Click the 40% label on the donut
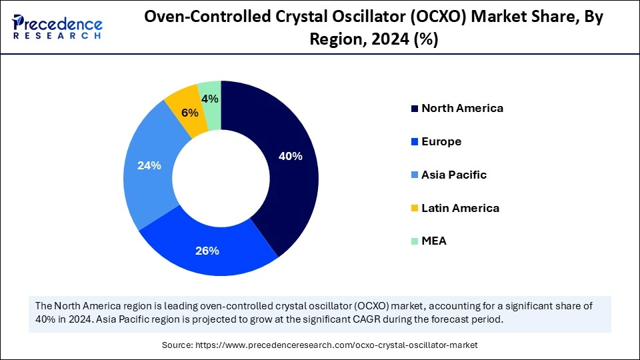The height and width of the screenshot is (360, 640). tap(291, 157)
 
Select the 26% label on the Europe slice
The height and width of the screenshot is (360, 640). tap(207, 251)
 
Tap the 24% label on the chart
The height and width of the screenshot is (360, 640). tap(149, 165)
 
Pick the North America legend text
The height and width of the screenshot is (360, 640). tap(462, 108)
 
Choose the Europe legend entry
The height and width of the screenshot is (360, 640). tap(441, 141)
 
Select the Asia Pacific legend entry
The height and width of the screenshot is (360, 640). tap(454, 175)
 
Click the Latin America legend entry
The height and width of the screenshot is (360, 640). tap(460, 208)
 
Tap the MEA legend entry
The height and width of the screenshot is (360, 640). tap(434, 241)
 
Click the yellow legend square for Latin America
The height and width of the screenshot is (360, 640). tap(415, 209)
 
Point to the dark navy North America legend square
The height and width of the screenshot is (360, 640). tap(415, 109)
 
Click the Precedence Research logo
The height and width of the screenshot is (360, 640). tap(57, 27)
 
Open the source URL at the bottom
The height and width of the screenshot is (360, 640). tap(320, 345)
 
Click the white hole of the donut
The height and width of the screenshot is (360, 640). tap(221, 179)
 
